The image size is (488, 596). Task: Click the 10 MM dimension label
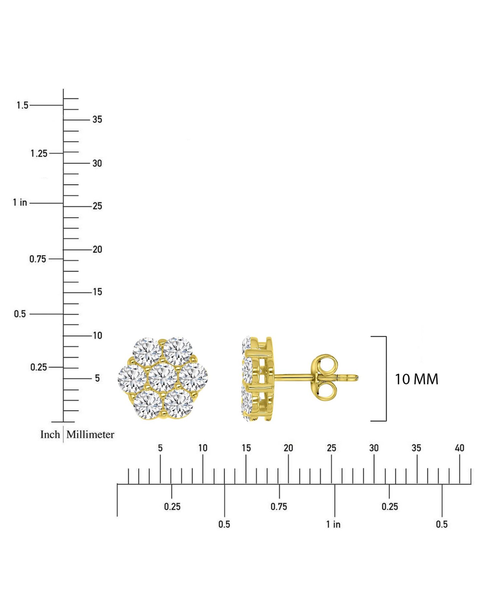pyautogui.click(x=416, y=379)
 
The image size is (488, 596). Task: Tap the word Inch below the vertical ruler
pyautogui.click(x=50, y=434)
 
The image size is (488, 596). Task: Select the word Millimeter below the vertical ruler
pyautogui.click(x=90, y=434)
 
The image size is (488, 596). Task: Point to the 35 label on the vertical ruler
pyautogui.click(x=97, y=119)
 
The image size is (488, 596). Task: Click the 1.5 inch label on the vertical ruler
pyautogui.click(x=22, y=105)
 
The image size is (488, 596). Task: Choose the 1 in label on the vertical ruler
pyautogui.click(x=20, y=203)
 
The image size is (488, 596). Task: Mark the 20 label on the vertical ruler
pyautogui.click(x=97, y=249)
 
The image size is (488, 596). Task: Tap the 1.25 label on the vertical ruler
pyautogui.click(x=39, y=153)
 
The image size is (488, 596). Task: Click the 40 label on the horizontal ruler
pyautogui.click(x=459, y=448)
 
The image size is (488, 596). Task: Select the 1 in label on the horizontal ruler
pyautogui.click(x=333, y=524)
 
